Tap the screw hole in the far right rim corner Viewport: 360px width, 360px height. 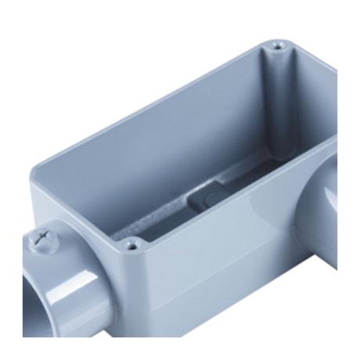tap(277, 49)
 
